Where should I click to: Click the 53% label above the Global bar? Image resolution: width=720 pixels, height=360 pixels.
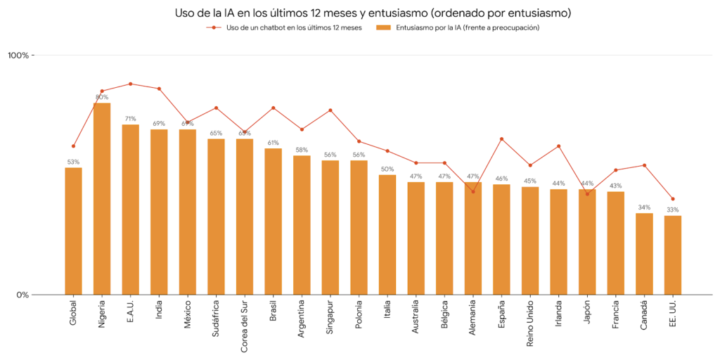click(x=73, y=162)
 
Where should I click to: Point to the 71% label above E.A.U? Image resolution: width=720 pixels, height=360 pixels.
click(x=130, y=119)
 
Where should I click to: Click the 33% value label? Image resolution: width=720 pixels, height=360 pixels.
click(x=673, y=210)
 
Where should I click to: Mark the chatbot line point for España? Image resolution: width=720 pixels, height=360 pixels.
click(x=501, y=139)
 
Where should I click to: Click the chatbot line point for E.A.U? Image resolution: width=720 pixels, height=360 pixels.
click(x=130, y=84)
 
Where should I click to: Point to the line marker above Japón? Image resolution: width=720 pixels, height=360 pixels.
click(x=587, y=194)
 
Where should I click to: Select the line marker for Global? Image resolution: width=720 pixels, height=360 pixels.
click(x=73, y=146)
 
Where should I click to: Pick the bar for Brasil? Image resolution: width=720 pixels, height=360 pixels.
click(x=273, y=221)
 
